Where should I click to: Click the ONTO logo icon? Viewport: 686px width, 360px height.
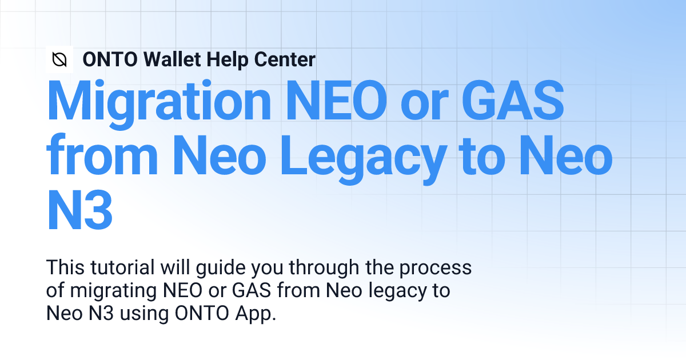tap(59, 59)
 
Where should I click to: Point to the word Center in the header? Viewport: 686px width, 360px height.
tap(285, 59)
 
